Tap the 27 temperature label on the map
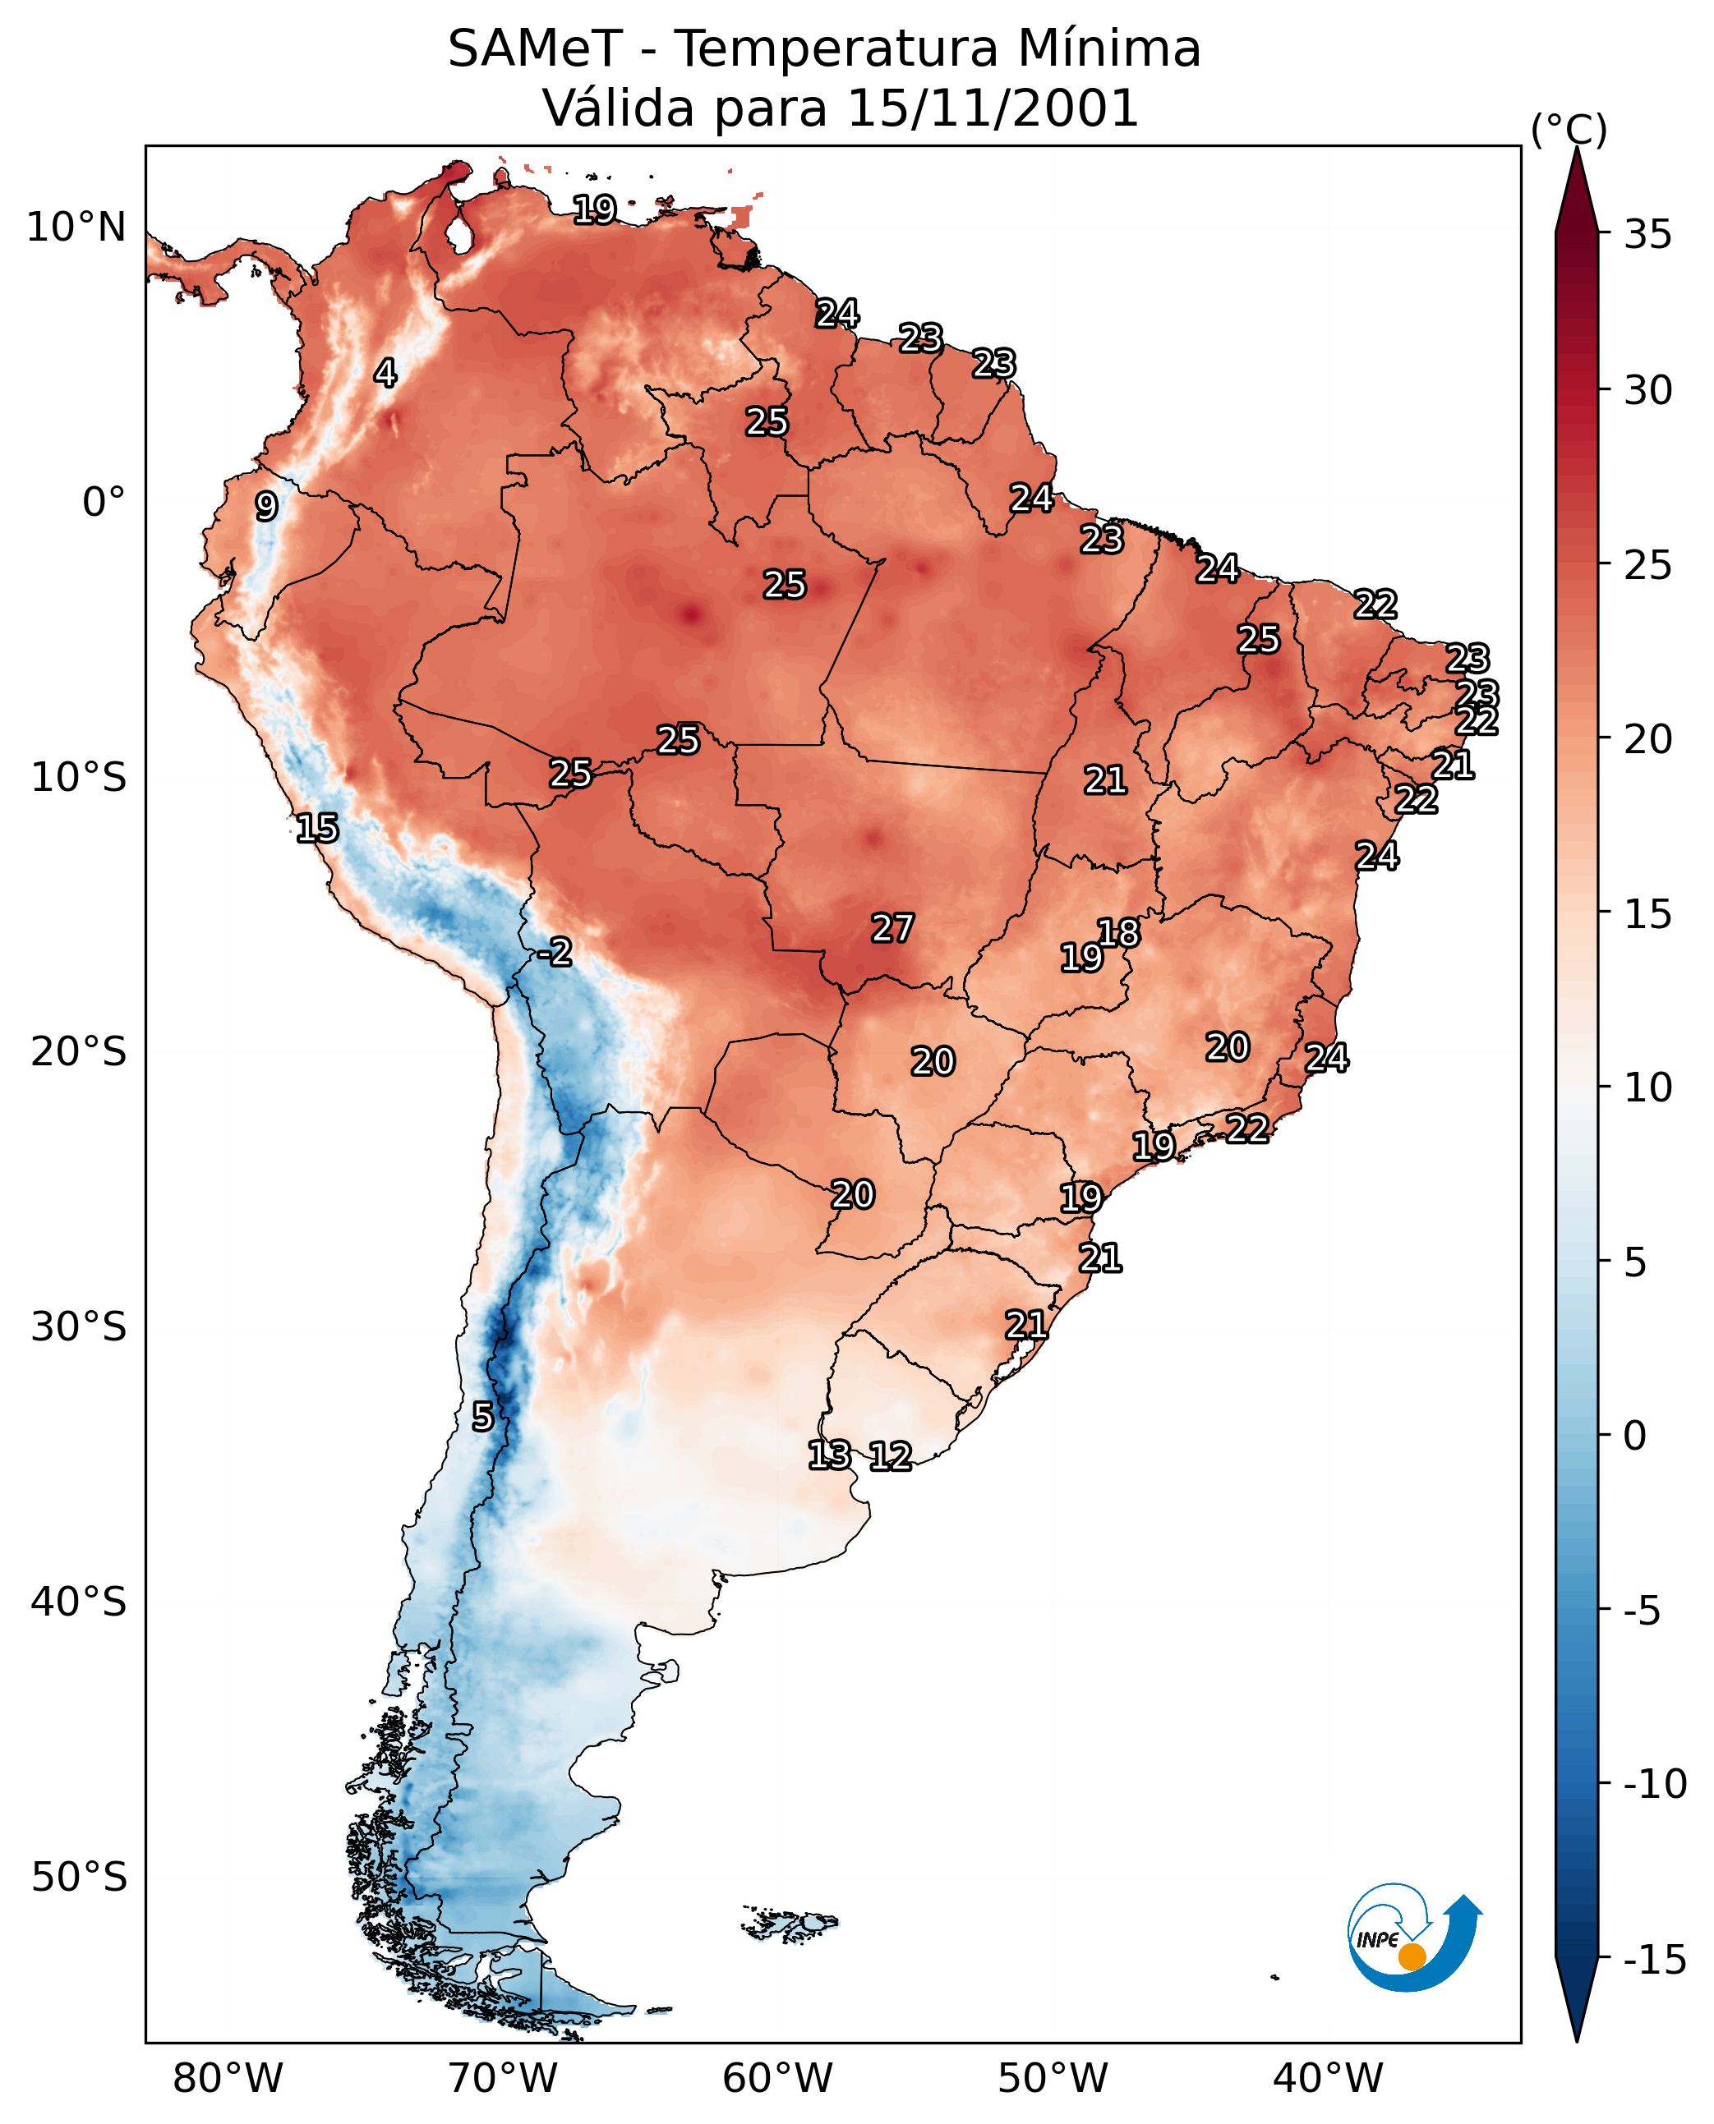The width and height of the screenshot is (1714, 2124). point(892,928)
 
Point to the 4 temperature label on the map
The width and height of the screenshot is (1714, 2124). point(385,373)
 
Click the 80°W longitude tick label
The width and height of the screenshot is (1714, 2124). point(228,2078)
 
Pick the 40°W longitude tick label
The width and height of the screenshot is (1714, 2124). point(1328,2078)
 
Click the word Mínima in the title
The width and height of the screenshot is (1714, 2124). point(1108,48)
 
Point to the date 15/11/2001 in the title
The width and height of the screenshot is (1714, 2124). point(993,108)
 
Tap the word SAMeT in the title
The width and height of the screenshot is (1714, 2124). point(536,48)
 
